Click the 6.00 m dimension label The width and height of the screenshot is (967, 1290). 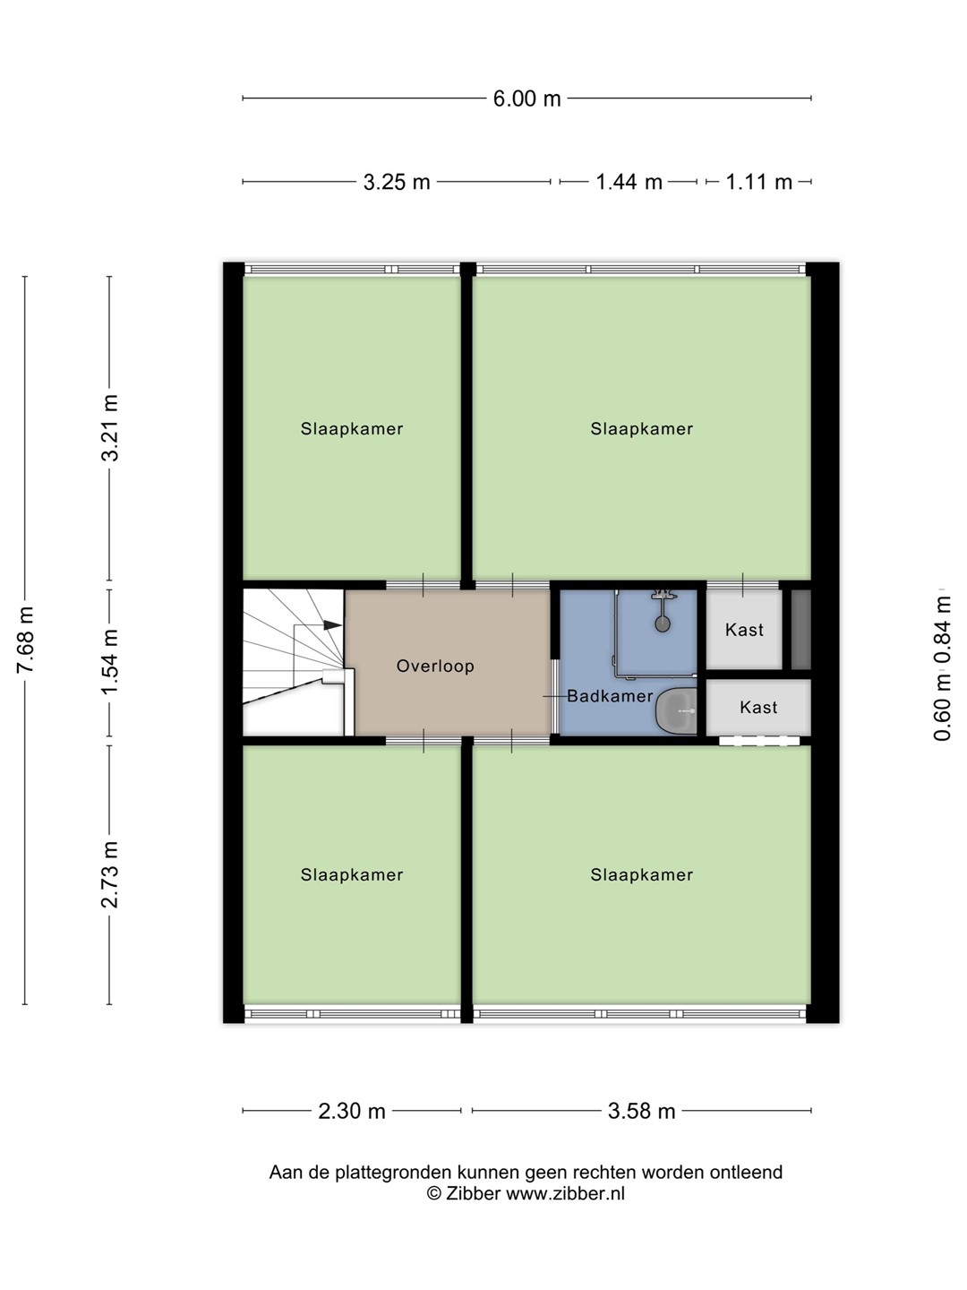point(526,99)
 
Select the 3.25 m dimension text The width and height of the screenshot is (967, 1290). point(397,182)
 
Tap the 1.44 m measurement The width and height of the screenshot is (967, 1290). point(629,182)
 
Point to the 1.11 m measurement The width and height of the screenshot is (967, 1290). point(758,182)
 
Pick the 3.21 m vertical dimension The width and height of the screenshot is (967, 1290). point(110,428)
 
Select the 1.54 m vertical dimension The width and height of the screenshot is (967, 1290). point(110,662)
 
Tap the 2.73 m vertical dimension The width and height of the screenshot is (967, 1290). point(110,874)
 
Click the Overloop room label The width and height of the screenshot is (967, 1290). point(435,666)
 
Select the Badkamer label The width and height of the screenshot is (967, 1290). point(610,696)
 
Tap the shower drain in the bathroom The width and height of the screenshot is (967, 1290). point(663,623)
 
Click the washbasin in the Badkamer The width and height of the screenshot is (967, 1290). point(676,710)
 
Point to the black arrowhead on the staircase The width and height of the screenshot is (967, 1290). point(332,624)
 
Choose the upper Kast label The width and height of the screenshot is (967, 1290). point(744,630)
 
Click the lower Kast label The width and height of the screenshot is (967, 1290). point(758,707)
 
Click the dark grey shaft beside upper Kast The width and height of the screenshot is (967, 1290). point(800,630)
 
